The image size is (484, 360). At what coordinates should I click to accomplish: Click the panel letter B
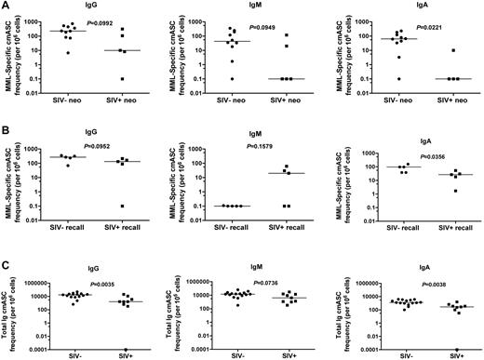point(5,127)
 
